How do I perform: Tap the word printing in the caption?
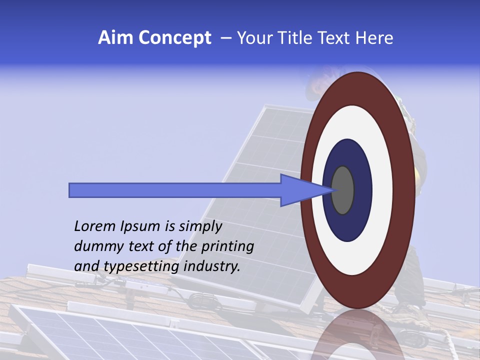pyautogui.click(x=227, y=246)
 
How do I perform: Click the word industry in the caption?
pyautogui.click(x=212, y=266)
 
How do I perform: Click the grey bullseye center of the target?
pyautogui.click(x=342, y=190)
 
